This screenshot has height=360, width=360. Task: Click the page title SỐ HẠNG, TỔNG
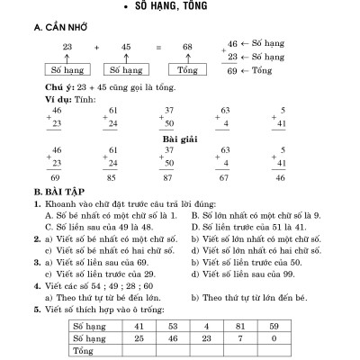(181, 8)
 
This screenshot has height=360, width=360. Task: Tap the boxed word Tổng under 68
(187, 67)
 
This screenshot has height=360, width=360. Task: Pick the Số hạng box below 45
(126, 67)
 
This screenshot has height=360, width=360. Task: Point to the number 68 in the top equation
(186, 46)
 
